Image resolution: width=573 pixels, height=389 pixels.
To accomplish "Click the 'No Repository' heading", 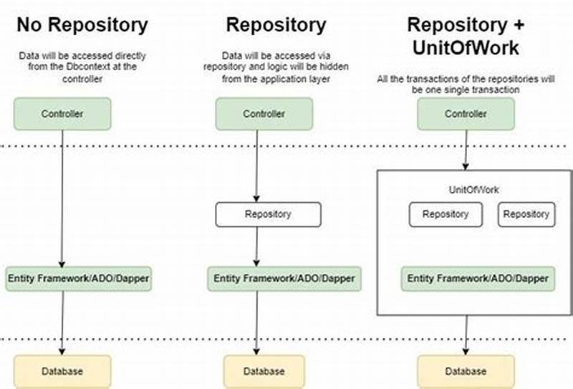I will pyautogui.click(x=82, y=25).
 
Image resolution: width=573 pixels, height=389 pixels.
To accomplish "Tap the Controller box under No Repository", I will pyautogui.click(x=62, y=114).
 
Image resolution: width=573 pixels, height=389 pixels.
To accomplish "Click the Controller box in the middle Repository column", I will pyautogui.click(x=264, y=114).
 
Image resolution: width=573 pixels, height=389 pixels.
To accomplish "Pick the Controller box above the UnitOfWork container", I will pyautogui.click(x=466, y=114).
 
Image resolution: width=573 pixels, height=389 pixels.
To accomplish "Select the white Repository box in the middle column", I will pyautogui.click(x=268, y=214).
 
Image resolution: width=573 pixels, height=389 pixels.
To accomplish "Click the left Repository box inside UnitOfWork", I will pyautogui.click(x=446, y=214).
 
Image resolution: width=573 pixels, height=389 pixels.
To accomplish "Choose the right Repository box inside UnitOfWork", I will pyautogui.click(x=526, y=214).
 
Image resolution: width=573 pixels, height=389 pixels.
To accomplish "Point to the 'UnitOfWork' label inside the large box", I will pyautogui.click(x=473, y=190).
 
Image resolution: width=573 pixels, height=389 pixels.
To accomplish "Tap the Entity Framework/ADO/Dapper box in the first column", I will pyautogui.click(x=79, y=278).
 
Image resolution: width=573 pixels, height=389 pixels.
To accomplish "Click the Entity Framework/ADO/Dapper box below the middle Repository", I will pyautogui.click(x=284, y=278).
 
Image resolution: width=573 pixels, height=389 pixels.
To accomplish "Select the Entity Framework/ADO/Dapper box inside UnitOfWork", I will pyautogui.click(x=478, y=278).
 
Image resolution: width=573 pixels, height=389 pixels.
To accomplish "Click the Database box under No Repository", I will pyautogui.click(x=62, y=371).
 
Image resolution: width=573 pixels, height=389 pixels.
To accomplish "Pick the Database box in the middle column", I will pyautogui.click(x=264, y=371).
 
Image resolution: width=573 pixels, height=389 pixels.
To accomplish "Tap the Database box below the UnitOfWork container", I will pyautogui.click(x=466, y=371).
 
